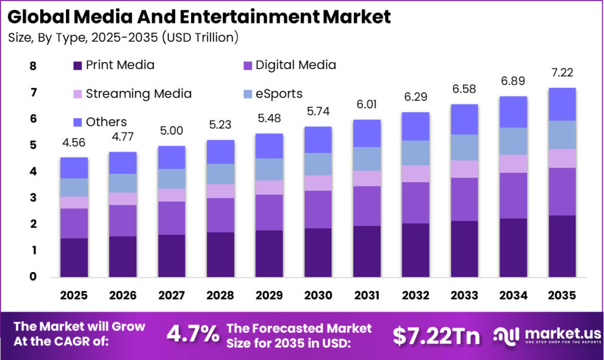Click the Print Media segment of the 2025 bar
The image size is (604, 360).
[74, 257]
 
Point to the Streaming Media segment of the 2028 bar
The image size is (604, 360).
[220, 191]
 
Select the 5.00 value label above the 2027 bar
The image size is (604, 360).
[172, 130]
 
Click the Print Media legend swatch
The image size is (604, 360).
[78, 66]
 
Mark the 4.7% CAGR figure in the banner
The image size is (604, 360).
[192, 335]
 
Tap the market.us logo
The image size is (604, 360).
[543, 335]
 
